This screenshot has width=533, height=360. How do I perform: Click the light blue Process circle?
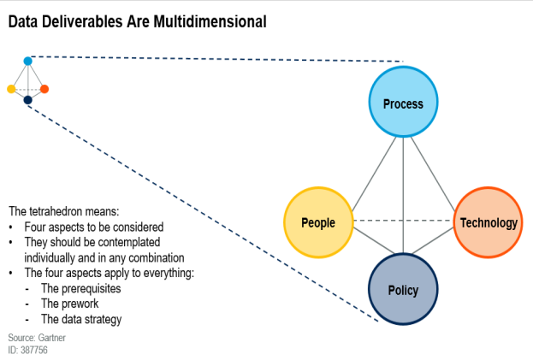403,102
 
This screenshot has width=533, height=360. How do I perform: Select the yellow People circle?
318,222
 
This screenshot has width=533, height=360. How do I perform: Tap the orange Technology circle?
489,222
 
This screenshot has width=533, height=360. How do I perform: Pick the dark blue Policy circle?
403,289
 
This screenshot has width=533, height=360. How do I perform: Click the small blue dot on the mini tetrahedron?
28,61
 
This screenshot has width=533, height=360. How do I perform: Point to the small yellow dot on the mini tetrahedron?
11,89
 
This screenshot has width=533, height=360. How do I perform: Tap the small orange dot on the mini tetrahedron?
44,89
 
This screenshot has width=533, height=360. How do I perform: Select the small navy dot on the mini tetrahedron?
28,100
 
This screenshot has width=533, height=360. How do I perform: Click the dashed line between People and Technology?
404,221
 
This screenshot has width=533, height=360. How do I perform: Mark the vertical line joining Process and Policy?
403,195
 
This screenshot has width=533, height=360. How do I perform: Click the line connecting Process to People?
374,174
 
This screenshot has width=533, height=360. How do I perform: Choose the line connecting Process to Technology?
433,174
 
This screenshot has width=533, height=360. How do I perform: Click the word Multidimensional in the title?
210,21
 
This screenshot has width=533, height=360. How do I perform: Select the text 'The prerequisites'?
81,289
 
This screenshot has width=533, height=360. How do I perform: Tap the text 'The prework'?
69,304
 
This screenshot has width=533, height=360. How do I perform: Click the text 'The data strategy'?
81,319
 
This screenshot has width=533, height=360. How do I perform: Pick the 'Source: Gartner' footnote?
37,338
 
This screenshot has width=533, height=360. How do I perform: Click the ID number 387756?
34,350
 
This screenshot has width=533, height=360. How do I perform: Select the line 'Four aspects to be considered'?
94,227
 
